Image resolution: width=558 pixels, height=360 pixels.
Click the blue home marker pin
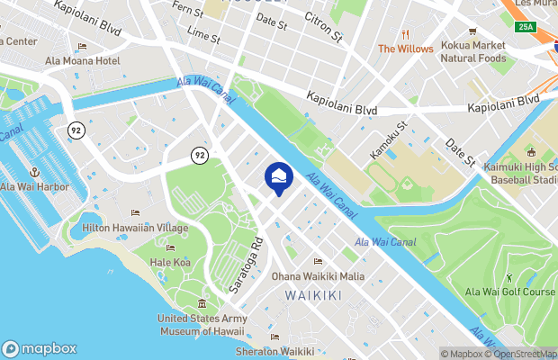click(x=279, y=176)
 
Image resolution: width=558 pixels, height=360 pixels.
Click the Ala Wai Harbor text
click(x=34, y=187)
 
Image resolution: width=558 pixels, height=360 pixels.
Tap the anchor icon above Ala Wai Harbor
click(x=34, y=171)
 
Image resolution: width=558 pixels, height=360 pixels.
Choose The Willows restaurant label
click(x=405, y=49)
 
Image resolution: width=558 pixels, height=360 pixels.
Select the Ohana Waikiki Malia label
click(x=319, y=276)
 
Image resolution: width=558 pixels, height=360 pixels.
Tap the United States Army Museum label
click(x=202, y=324)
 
